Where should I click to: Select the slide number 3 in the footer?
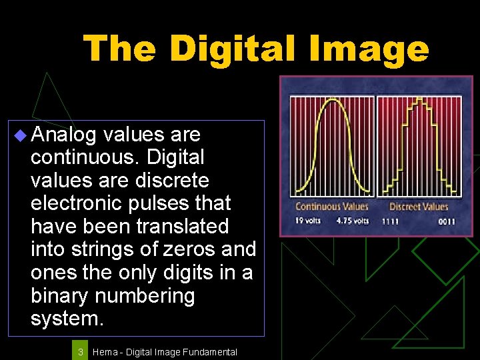pos(80,351)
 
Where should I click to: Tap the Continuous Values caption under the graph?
pos(331,207)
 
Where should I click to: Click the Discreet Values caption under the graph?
pos(419,207)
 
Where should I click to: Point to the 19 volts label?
pos(308,221)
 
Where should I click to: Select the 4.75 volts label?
pos(354,221)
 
